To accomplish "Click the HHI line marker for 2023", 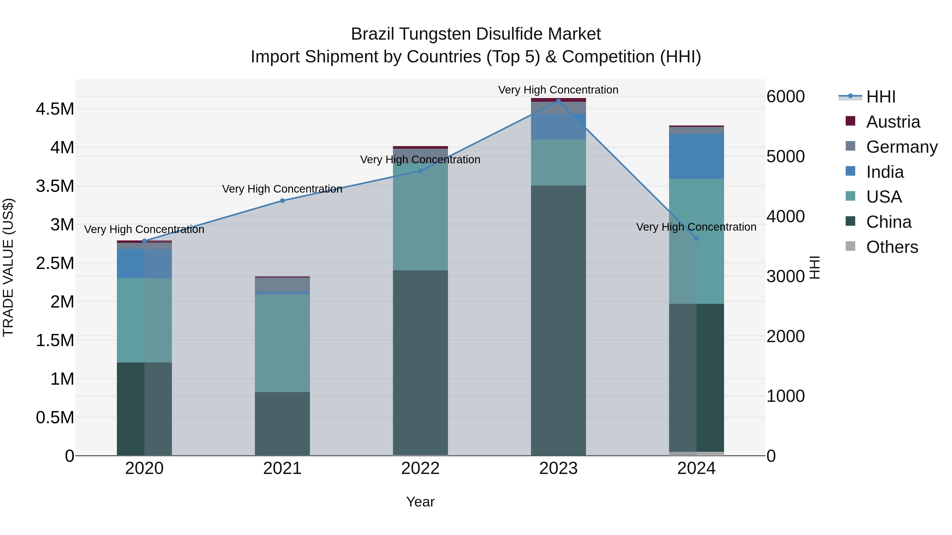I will (x=558, y=101).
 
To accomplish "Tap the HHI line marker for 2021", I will (x=282, y=201).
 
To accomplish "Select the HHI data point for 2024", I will (x=696, y=239).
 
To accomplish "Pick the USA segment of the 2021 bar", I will (x=282, y=343).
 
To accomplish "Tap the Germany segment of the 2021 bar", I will (x=282, y=284).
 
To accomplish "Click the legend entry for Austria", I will (x=892, y=122).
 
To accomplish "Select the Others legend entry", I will (x=891, y=247).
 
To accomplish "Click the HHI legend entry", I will (x=880, y=97).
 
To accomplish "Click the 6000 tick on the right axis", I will (x=785, y=97).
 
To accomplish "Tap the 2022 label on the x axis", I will (x=420, y=468).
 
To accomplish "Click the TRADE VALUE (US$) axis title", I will (x=8, y=267).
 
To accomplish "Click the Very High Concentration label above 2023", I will (x=558, y=90).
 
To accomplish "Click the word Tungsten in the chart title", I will (x=436, y=34).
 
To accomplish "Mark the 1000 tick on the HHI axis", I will (x=785, y=396).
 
